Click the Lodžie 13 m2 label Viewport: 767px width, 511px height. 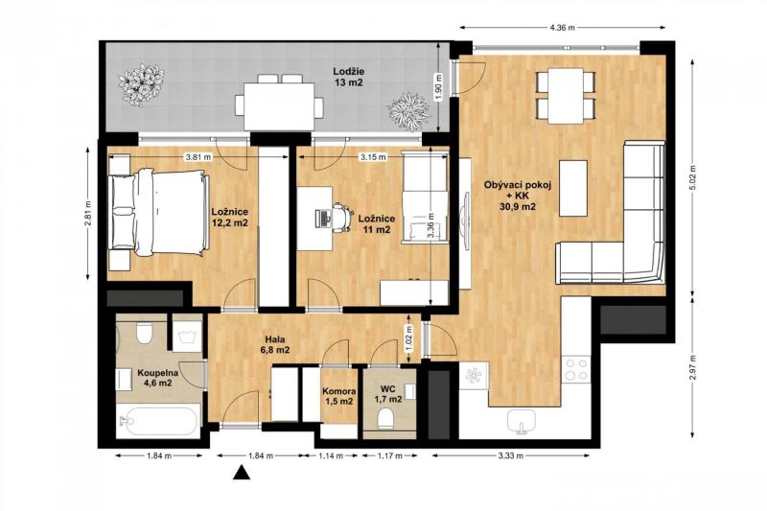(349, 77)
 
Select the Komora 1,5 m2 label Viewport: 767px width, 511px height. (339, 396)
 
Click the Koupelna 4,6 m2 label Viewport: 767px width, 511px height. (157, 378)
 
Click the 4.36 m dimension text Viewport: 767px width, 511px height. (562, 28)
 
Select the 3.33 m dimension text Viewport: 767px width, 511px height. (511, 455)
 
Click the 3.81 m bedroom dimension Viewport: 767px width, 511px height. (198, 157)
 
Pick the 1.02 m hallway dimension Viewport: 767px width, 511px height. (410, 337)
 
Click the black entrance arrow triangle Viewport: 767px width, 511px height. (241, 473)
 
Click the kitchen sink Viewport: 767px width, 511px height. (522, 422)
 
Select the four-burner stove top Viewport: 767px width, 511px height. (576, 369)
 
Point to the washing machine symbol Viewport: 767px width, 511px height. (187, 336)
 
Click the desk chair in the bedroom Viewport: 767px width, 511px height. (342, 217)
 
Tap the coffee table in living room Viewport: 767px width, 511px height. (573, 188)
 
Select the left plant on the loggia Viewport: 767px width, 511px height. (141, 85)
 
